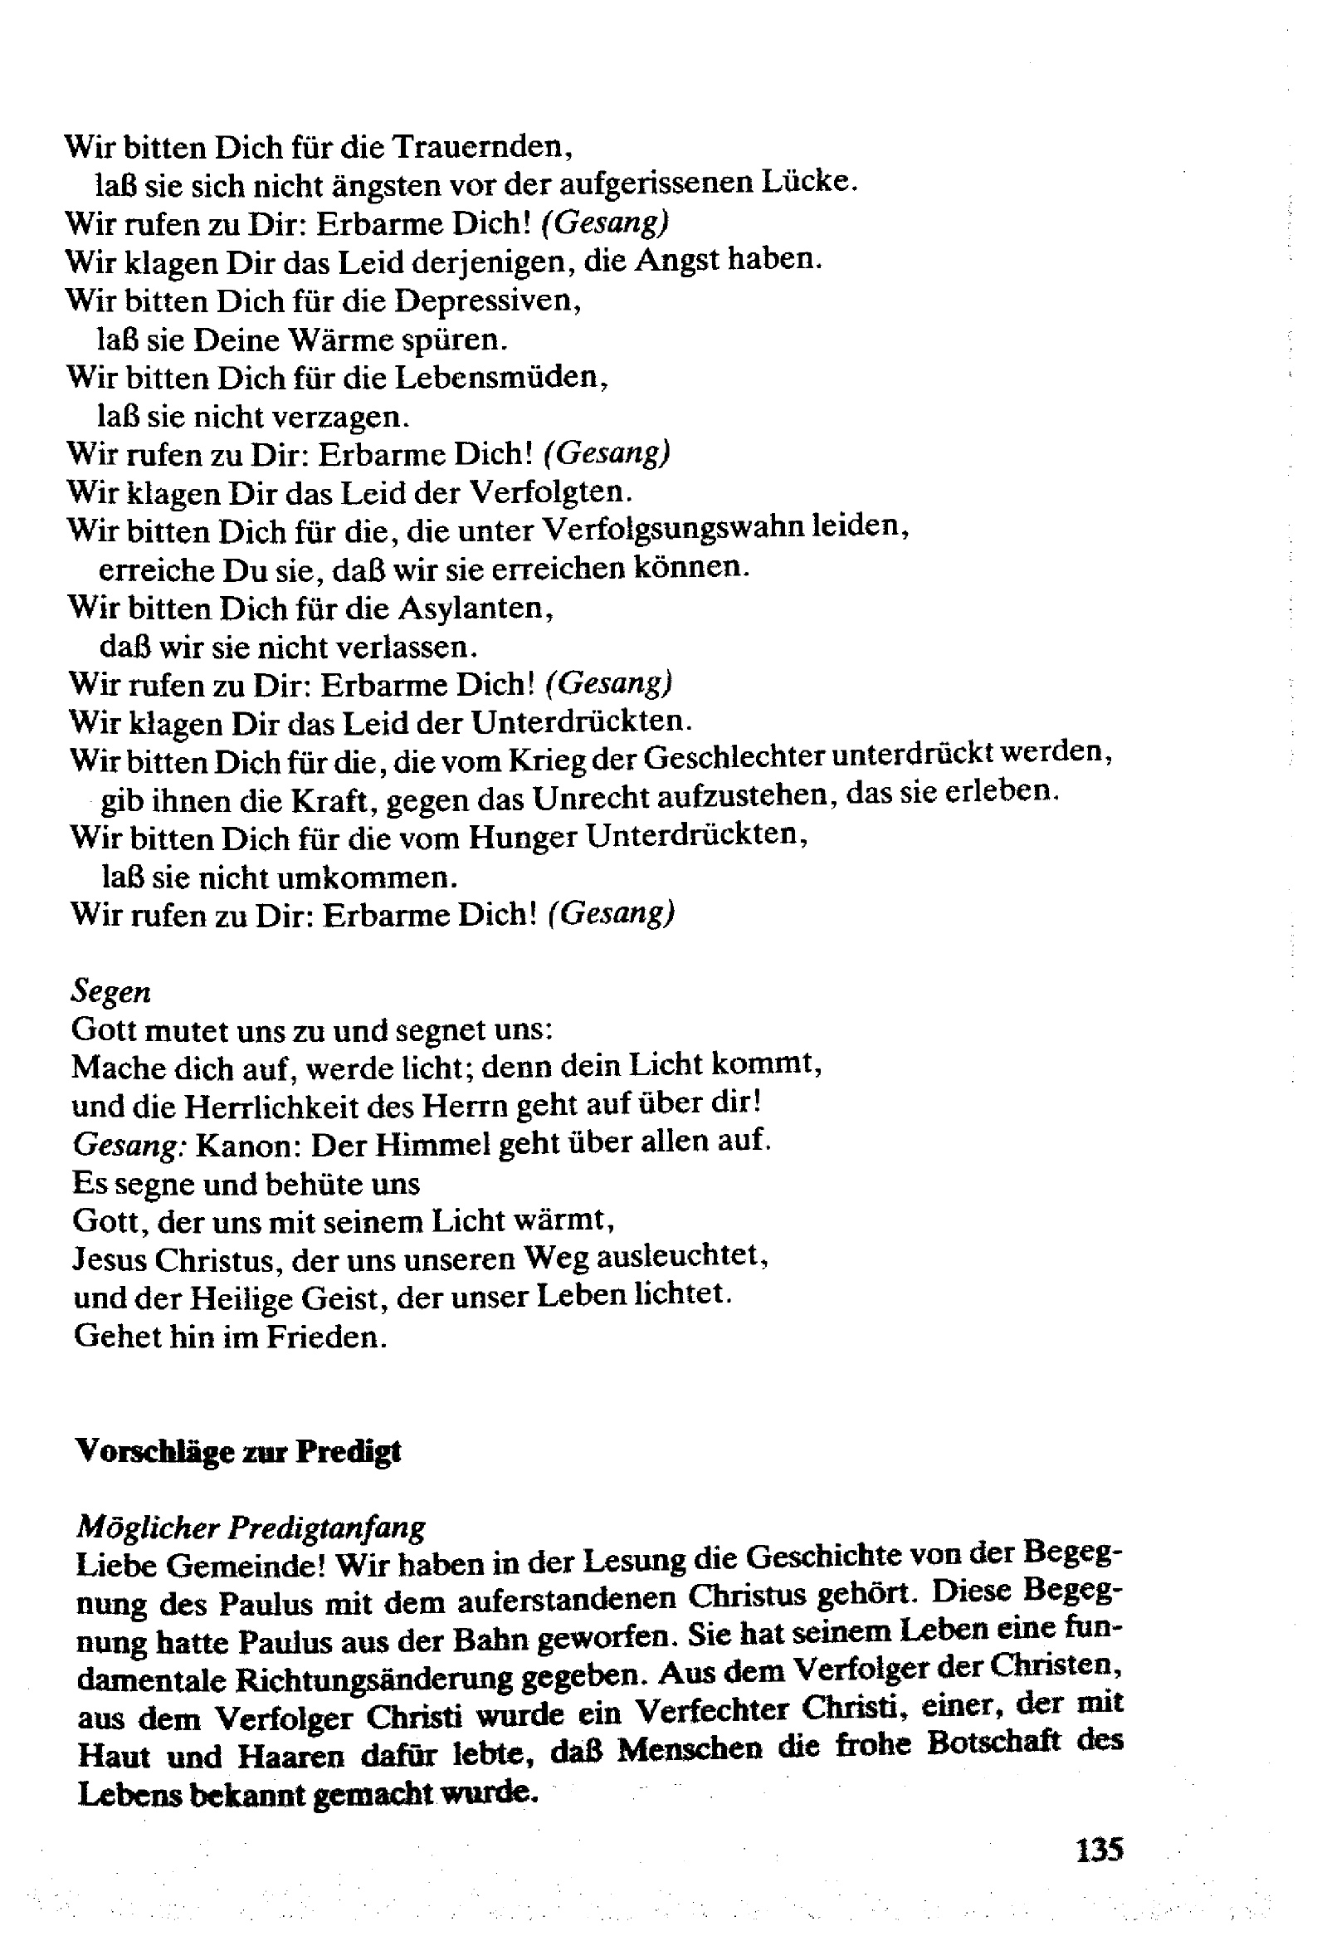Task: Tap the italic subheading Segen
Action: coord(111,991)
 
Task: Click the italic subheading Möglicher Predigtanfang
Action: coord(251,1528)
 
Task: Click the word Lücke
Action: coord(808,181)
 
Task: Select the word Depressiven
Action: coord(486,301)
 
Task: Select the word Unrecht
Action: coord(592,799)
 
